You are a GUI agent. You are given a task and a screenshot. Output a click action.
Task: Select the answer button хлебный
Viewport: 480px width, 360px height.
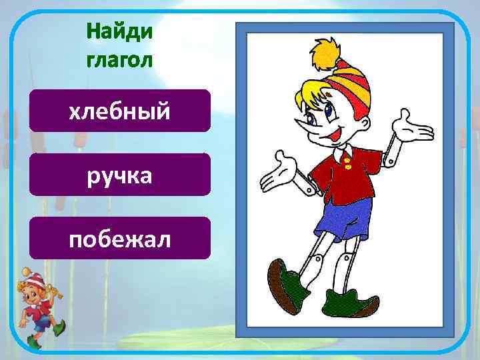120,111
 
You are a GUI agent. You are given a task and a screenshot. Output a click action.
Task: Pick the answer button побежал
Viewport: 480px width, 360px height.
120,238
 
